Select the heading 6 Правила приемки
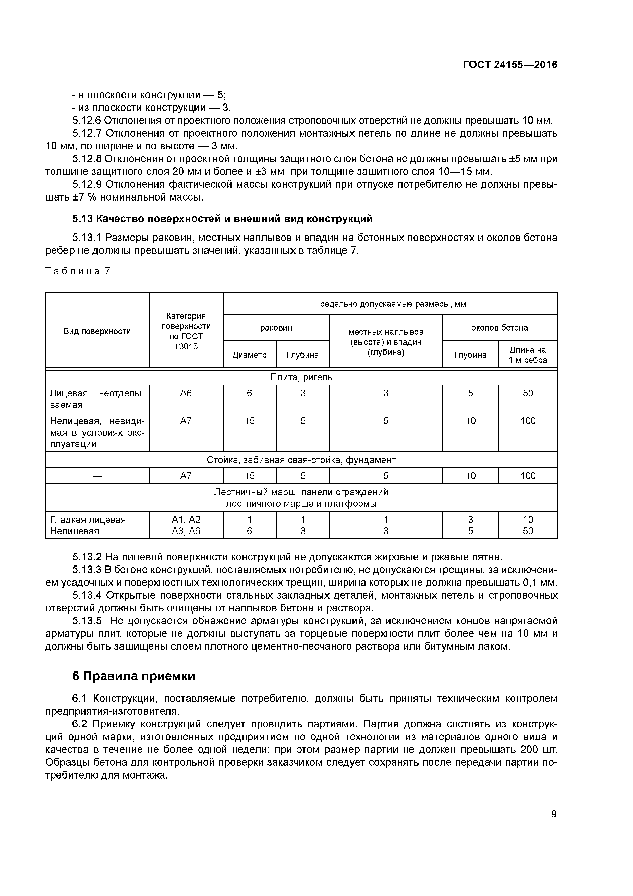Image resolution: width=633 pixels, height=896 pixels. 133,676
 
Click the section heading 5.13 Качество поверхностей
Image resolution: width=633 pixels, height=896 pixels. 222,219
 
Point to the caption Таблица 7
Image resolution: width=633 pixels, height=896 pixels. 78,271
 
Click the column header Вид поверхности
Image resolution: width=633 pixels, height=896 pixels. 97,331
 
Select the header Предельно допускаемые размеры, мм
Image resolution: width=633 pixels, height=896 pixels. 390,304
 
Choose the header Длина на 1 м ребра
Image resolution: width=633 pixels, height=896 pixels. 527,355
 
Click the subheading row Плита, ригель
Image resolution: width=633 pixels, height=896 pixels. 301,377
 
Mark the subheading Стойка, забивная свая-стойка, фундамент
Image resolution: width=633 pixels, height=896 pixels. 301,460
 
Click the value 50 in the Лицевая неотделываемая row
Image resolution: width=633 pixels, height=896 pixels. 527,393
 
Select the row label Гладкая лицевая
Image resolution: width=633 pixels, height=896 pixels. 88,520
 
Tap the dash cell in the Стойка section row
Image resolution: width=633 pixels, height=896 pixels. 97,476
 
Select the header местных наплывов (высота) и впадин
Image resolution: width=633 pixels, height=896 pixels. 385,341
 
